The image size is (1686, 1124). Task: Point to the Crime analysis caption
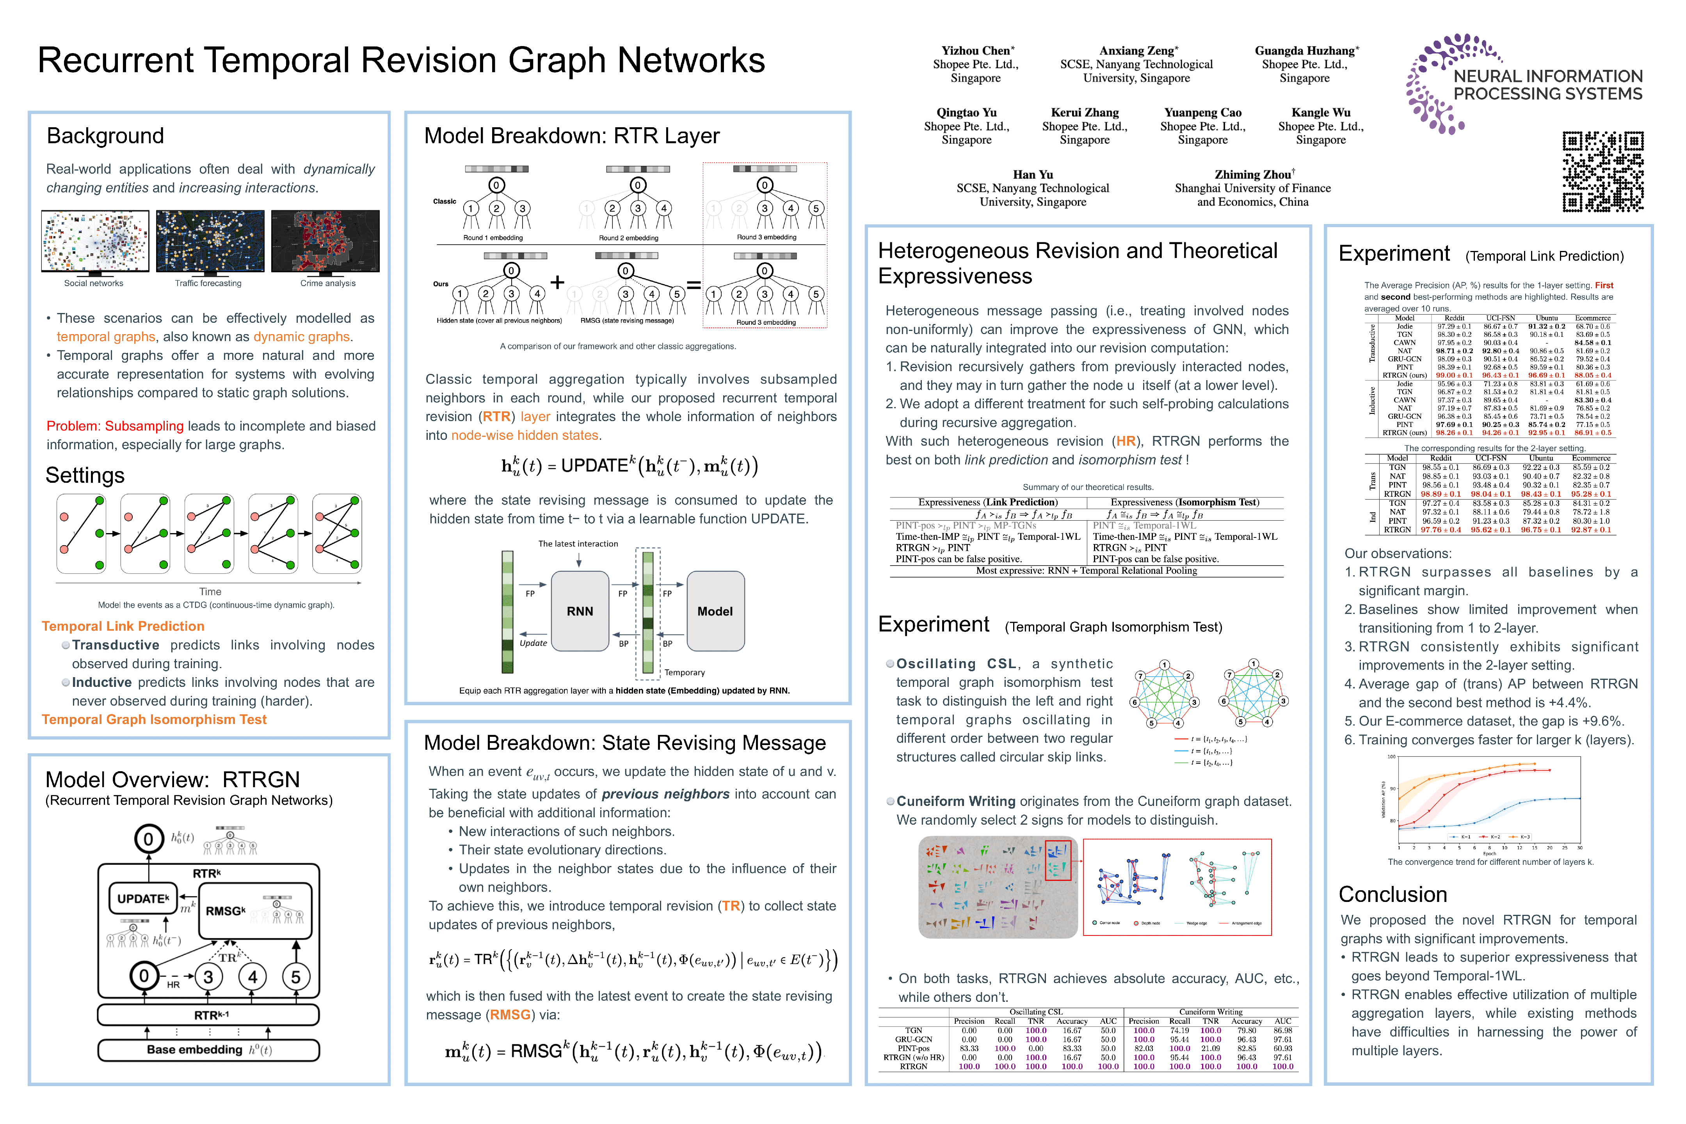tap(327, 283)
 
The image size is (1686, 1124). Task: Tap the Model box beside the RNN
tap(715, 611)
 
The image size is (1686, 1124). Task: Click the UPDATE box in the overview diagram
tap(143, 898)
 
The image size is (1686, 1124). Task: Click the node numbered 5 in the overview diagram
tap(295, 976)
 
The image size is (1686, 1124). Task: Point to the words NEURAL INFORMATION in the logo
tap(1547, 76)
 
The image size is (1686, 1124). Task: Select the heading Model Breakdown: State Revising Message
tap(624, 743)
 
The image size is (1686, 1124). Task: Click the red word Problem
tap(73, 426)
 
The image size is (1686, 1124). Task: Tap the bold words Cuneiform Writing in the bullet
tap(955, 801)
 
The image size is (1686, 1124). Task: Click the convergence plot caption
tap(1490, 862)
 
